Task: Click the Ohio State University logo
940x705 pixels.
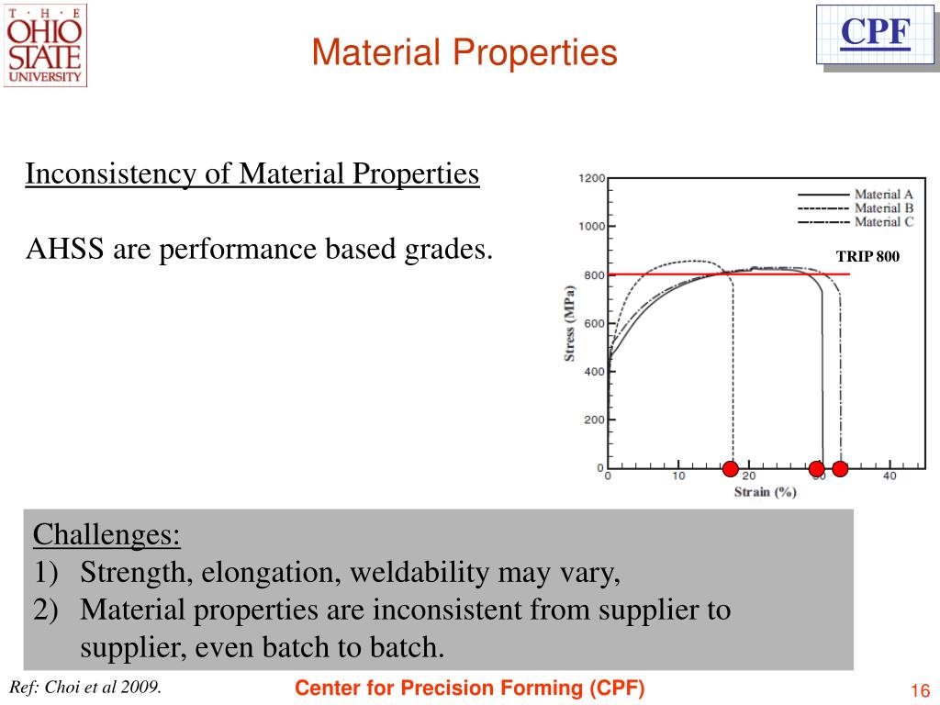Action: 45,45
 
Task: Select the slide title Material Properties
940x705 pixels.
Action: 464,52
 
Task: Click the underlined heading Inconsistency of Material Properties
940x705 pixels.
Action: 252,173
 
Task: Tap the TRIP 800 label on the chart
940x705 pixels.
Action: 867,257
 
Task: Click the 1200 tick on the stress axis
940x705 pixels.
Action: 591,178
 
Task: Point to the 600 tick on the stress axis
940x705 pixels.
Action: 593,324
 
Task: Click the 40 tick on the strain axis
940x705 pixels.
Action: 890,476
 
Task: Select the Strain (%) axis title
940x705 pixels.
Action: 765,493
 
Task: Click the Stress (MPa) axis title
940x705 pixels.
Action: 570,324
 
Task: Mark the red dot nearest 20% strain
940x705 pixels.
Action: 730,469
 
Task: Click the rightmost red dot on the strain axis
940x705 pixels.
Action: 839,469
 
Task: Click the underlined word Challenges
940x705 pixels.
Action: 106,534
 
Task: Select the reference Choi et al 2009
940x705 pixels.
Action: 85,688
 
